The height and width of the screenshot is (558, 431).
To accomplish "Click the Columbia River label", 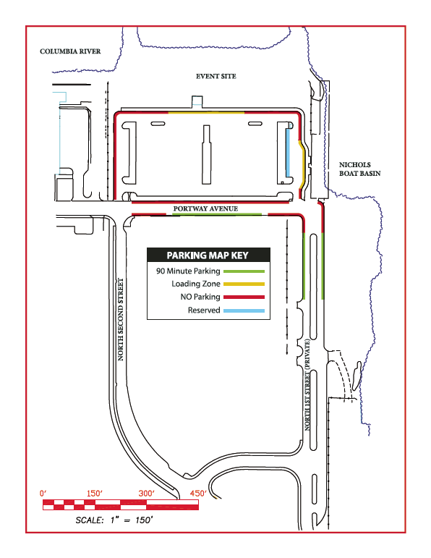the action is pos(70,51).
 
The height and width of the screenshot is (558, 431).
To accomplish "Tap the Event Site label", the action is pos(215,76).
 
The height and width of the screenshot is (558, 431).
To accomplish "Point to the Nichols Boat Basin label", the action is pos(359,169).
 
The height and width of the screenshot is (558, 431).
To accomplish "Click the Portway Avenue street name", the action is pos(205,208).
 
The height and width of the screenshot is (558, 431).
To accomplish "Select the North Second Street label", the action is pos(121,320).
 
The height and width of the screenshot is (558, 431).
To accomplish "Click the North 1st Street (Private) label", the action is pos(307,385).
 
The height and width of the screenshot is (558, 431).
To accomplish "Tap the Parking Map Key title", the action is pos(208,255).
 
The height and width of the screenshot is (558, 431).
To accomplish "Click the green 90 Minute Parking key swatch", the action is pos(244,271).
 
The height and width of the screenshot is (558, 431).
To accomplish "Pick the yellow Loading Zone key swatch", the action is pos(244,284).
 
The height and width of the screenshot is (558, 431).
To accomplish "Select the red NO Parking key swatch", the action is pos(244,297).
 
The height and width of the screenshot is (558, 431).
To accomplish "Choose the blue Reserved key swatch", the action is pos(244,310).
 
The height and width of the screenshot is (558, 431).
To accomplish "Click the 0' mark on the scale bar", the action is pos(43,494).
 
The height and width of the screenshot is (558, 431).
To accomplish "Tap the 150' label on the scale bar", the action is pos(94,494).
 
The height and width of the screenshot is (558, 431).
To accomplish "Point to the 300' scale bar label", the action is pos(147,494).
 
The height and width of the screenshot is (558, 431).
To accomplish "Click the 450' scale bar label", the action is pos(198,494).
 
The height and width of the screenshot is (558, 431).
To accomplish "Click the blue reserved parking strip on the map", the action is pos(288,153).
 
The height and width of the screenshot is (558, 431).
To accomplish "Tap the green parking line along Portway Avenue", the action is pos(217,214).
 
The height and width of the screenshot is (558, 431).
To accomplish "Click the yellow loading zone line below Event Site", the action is pos(206,113).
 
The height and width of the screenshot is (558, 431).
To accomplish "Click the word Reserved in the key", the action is pos(204,310).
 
